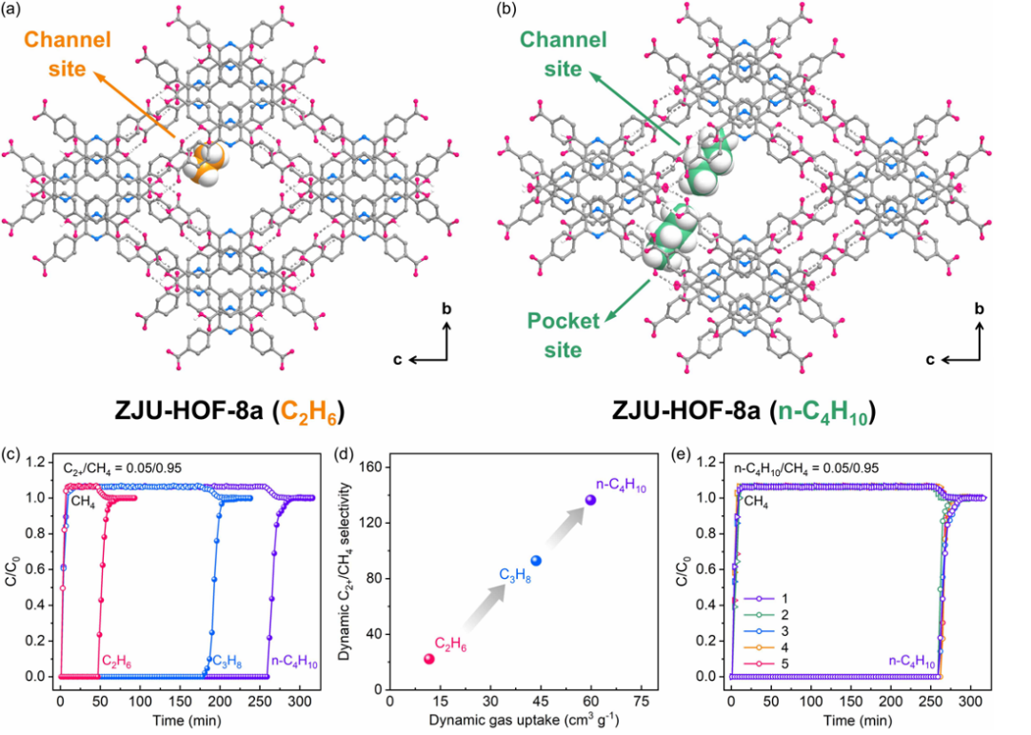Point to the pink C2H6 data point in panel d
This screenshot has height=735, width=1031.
[x=428, y=659]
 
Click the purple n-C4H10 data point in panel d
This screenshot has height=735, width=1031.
[x=590, y=500]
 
